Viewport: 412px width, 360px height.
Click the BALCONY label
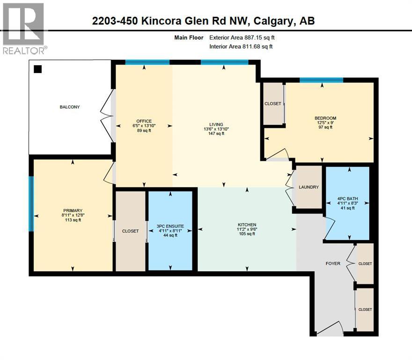pos(69,107)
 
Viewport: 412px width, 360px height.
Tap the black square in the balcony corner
pos(38,69)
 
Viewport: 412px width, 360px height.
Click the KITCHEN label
pos(246,225)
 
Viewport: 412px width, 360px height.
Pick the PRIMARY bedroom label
pos(73,210)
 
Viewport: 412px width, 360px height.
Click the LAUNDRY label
pos(309,187)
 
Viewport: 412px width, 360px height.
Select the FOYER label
pos(333,263)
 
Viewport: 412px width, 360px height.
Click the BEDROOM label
pos(325,118)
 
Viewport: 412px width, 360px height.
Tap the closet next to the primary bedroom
pos(130,231)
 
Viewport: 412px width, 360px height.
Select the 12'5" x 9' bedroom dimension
pos(325,123)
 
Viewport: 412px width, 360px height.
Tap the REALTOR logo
pos(23,28)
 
